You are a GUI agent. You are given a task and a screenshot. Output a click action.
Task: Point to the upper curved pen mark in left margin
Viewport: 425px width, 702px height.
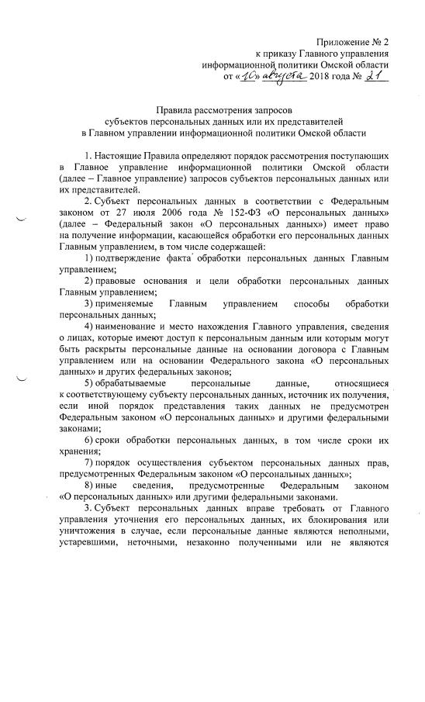coord(19,221)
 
